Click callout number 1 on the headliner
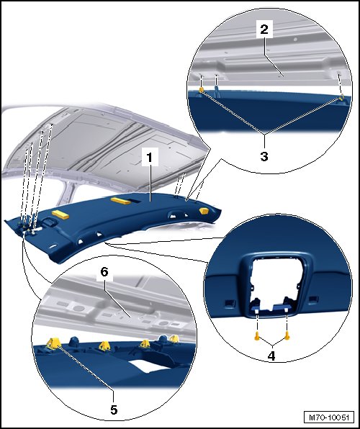coord(150,158)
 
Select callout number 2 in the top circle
coord(264,29)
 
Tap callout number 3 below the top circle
coord(264,156)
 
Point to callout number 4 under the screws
coord(271,356)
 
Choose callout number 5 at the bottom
coord(114,410)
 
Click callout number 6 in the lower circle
coord(104,272)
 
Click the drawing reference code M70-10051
coord(329,417)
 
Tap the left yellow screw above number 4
coord(257,335)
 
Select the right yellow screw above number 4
coord(287,335)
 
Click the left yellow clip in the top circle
coord(202,90)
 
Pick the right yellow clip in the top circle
coord(341,97)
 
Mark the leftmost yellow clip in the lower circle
coord(53,343)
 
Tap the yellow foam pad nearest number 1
coord(121,201)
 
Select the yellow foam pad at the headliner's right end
coord(204,211)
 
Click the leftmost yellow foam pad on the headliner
coord(60,214)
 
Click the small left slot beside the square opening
coord(230,302)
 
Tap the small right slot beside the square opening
coord(314,299)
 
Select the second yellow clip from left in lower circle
coord(104,346)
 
